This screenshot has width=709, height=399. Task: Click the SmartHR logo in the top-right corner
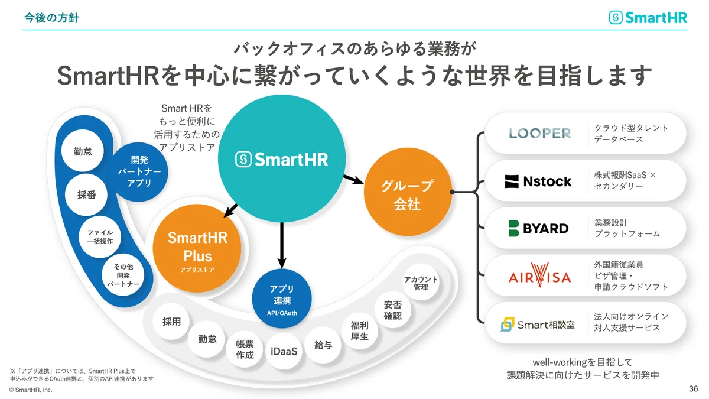648,17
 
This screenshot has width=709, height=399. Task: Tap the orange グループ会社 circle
408,192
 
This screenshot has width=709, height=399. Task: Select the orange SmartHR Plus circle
197,248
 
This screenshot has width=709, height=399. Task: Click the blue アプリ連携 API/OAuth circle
282,299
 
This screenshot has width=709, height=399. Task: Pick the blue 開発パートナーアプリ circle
139,171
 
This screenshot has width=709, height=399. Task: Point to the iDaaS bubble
284,351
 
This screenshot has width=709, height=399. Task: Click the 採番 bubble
86,194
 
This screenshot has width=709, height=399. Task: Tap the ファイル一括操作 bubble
100,237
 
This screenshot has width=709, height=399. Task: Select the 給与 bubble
323,345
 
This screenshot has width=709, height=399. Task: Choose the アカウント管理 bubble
421,283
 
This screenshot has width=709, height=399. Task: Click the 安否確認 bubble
393,310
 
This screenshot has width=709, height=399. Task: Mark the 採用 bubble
171,322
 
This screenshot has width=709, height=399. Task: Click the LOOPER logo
539,134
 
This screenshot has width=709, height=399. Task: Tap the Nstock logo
538,181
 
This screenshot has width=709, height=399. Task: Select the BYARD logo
538,228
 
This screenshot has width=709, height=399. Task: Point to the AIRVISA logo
539,275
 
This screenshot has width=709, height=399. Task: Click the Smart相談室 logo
538,325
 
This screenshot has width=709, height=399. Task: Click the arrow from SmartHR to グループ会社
353,179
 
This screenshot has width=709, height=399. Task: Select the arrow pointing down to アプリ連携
282,245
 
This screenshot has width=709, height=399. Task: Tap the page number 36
693,388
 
